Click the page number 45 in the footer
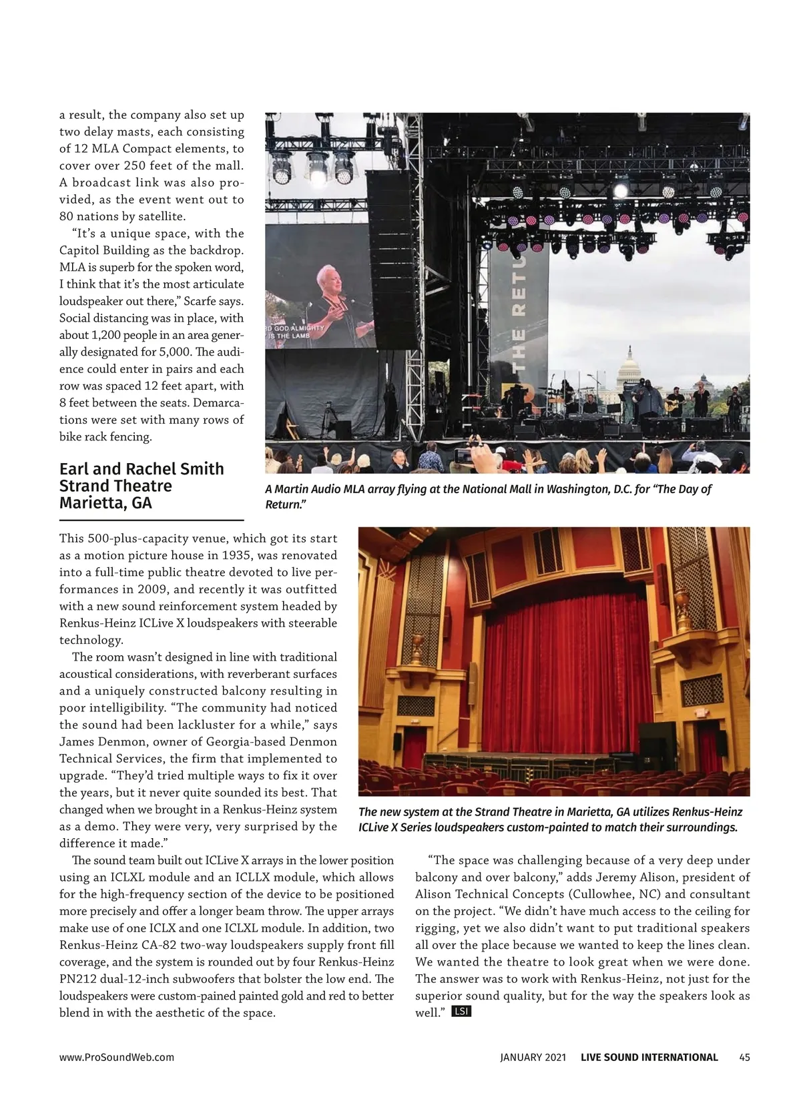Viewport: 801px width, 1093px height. [744, 1057]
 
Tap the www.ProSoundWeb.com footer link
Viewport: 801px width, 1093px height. [117, 1057]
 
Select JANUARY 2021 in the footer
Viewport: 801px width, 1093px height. [533, 1057]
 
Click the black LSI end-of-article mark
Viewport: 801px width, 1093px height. [461, 1012]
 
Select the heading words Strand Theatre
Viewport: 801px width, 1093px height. [115, 486]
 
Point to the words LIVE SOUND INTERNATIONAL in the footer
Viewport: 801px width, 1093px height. [649, 1057]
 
